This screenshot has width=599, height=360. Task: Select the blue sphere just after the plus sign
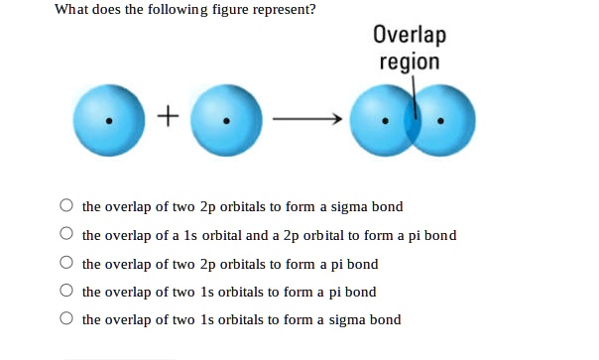(x=226, y=120)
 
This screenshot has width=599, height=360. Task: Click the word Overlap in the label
(x=410, y=36)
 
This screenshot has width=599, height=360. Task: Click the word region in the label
(x=410, y=61)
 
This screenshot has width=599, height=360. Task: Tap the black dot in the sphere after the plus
(x=227, y=123)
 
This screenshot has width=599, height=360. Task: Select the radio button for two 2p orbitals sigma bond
(x=65, y=207)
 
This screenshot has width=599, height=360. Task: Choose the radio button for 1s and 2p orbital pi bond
(x=65, y=236)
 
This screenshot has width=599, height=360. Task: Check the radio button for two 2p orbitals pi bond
(x=65, y=264)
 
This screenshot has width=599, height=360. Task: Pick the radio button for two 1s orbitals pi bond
(x=65, y=292)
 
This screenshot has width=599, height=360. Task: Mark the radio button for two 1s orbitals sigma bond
(x=65, y=319)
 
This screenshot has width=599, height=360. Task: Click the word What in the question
(x=70, y=10)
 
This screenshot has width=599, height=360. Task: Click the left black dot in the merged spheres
(x=384, y=124)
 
